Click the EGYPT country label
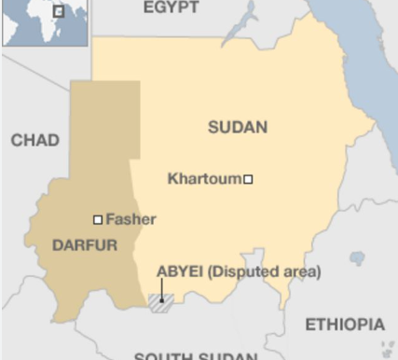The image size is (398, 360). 172,7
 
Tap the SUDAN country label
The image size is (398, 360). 237,128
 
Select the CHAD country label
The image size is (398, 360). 34,141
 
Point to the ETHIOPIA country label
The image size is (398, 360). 344,325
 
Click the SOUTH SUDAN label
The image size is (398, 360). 195,355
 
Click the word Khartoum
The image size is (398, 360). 204,178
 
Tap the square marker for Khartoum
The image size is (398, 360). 248,179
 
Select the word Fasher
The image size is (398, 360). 130,219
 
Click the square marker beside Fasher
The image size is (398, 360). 98,220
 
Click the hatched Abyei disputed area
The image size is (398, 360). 159,302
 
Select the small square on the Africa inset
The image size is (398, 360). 58,12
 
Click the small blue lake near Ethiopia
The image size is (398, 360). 357,257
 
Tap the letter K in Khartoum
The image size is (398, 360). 172,178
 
